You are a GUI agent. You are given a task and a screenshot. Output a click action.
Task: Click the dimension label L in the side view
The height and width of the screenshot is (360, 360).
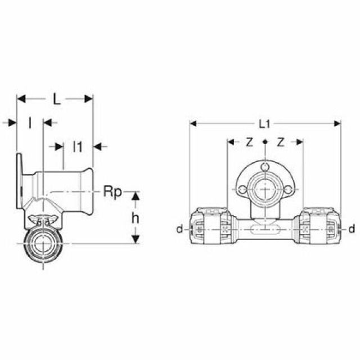tap(56, 99)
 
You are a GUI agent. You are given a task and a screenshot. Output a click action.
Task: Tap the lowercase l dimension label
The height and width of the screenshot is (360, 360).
tap(30, 123)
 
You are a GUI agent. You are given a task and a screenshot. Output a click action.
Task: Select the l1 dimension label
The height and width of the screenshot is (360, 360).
tap(78, 147)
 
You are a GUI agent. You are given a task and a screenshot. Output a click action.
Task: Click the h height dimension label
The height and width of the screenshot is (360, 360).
tap(135, 218)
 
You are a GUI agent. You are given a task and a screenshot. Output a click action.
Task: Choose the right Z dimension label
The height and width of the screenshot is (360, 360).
tap(281, 142)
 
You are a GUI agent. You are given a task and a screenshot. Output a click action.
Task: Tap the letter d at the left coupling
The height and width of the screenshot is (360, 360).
tap(179, 229)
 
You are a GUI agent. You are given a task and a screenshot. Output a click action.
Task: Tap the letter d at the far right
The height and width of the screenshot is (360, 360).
tap(352, 229)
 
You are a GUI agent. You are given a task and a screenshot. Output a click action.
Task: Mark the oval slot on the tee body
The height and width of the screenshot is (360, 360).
tap(265, 229)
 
